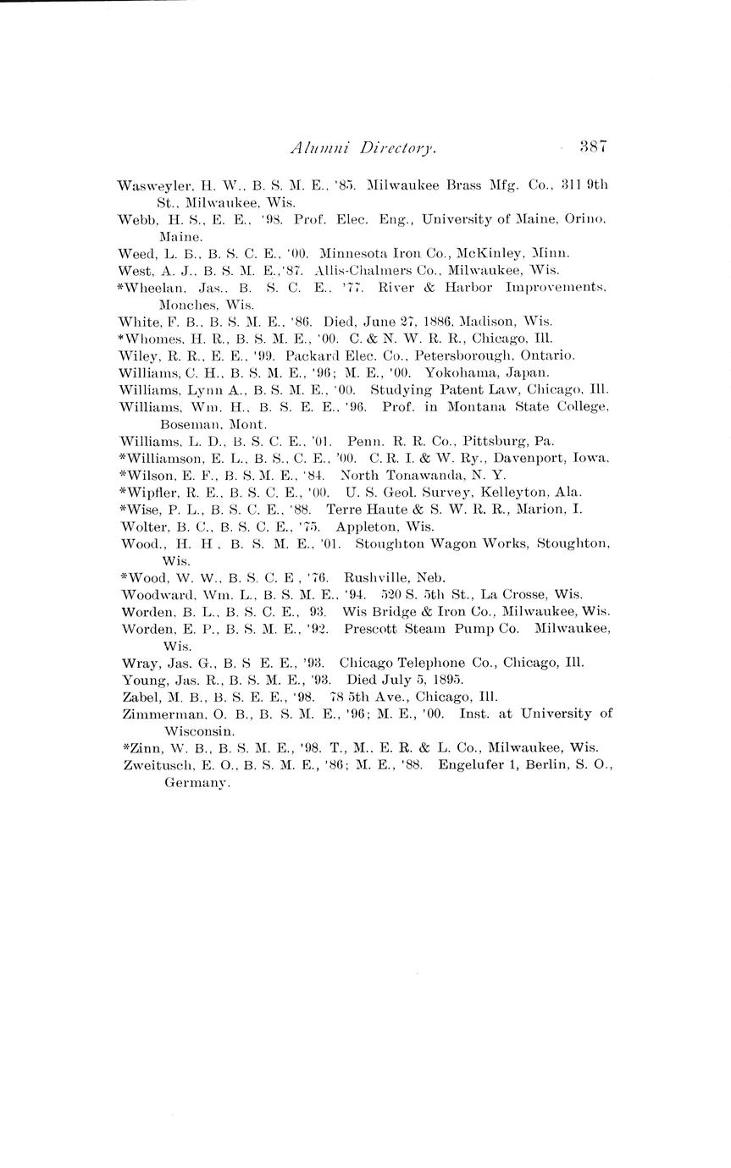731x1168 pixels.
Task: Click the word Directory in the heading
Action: (398, 148)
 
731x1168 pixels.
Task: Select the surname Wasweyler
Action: (146, 185)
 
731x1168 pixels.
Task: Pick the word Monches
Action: (183, 305)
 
